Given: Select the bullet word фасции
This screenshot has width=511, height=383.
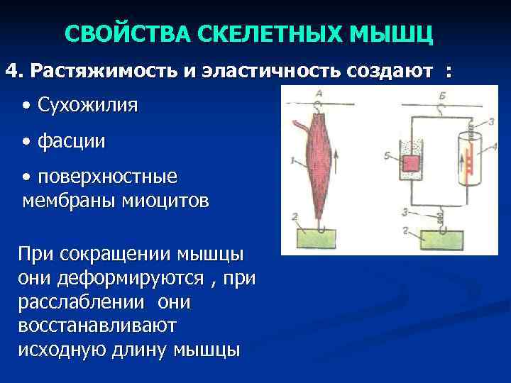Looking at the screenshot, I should click(x=72, y=141).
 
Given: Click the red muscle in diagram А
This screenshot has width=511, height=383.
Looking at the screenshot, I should click(x=319, y=163).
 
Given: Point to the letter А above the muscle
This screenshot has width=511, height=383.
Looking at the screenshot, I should click(x=320, y=94).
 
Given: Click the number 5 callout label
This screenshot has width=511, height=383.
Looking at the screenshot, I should click(x=387, y=154).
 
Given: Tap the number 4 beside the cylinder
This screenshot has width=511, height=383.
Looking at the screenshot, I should click(x=494, y=145).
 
